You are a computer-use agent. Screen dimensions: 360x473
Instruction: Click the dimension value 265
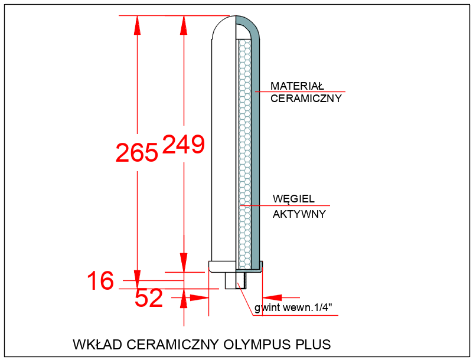click(x=137, y=152)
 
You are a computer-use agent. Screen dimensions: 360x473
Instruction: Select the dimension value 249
click(x=183, y=145)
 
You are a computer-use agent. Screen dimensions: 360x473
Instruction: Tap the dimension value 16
click(x=100, y=281)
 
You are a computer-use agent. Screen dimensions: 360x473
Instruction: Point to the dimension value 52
click(x=149, y=299)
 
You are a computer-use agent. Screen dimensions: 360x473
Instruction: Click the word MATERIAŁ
click(x=298, y=86)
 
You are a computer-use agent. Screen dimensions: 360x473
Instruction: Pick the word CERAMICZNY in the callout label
click(x=306, y=99)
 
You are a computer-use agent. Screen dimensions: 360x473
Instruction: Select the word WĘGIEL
click(x=293, y=198)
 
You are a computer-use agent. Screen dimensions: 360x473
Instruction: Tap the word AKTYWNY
click(x=299, y=214)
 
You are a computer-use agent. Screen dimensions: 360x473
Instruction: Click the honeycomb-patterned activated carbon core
click(x=244, y=148)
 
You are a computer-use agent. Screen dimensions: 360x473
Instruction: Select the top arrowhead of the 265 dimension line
click(x=137, y=24)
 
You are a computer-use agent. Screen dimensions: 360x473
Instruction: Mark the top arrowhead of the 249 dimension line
click(x=184, y=24)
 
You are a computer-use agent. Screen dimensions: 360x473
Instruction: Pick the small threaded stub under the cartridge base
click(x=231, y=280)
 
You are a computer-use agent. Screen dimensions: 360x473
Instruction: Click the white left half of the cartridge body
click(x=224, y=148)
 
